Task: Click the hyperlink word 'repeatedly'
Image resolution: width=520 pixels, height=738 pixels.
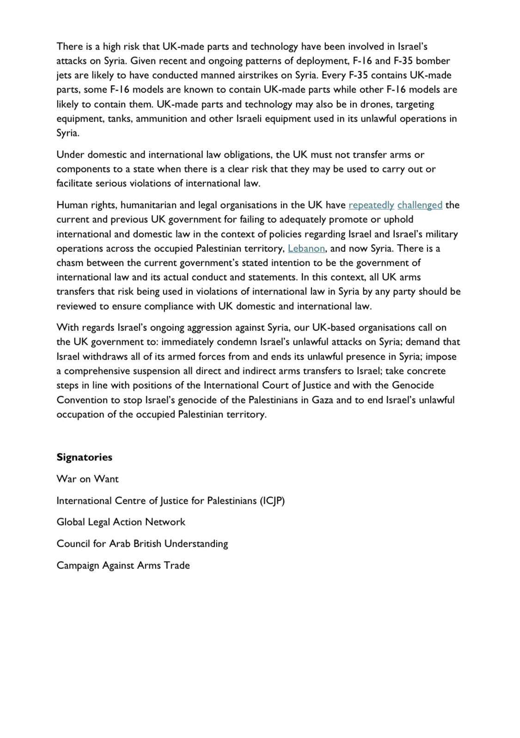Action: coord(371,205)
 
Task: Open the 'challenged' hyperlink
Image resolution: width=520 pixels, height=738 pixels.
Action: coord(420,205)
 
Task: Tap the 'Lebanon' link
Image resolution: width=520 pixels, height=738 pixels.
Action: coord(306,248)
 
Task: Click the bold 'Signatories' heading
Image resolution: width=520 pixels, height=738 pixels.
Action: coord(85,457)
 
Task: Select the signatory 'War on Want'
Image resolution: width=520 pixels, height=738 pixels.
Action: coord(87,479)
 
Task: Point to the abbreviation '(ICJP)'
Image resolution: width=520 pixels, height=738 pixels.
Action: coord(272,500)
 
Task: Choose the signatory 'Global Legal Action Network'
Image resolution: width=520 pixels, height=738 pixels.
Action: coord(121,522)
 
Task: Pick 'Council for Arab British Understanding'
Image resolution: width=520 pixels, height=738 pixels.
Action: coord(142,543)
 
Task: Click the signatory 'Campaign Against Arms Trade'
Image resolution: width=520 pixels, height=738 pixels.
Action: coord(123,565)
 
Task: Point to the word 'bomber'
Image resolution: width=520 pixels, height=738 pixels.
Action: coord(433,61)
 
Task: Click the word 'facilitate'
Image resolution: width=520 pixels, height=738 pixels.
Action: coord(74,183)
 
